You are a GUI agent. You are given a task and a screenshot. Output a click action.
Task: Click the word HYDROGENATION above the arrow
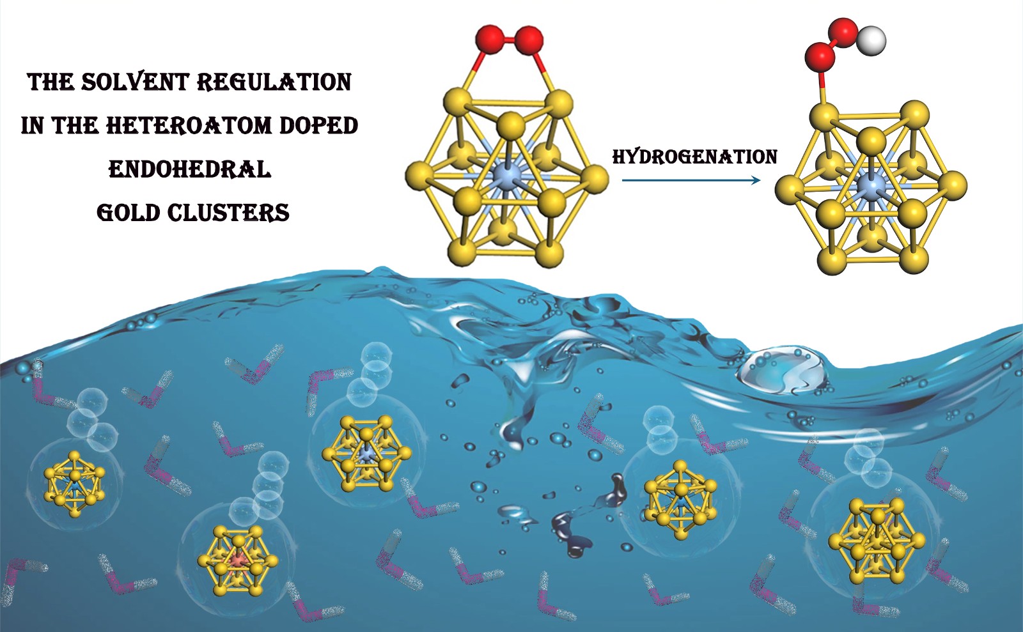(x=694, y=157)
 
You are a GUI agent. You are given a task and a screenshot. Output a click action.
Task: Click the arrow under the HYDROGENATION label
(x=691, y=181)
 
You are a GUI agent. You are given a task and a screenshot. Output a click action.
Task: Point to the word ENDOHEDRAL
(x=190, y=169)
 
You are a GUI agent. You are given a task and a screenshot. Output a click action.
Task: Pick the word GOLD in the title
(x=129, y=213)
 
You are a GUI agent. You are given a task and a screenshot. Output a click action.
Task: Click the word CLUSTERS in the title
(x=229, y=213)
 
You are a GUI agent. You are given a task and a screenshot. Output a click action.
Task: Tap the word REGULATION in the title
(x=274, y=82)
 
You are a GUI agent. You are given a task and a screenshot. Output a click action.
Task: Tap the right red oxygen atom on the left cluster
(x=529, y=41)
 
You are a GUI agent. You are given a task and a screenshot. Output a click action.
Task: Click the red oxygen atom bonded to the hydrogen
(x=843, y=31)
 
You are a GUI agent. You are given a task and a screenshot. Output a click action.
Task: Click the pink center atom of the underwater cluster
(x=238, y=560)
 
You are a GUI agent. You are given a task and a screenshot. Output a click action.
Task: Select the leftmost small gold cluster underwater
(x=75, y=485)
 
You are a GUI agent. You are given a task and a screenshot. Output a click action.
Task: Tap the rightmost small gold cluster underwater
(x=876, y=542)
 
